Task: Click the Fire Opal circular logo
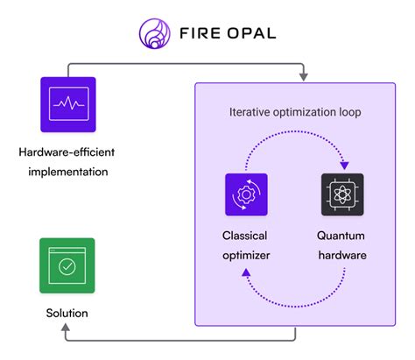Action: (155, 32)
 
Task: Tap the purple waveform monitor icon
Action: (67, 104)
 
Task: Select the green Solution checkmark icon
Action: (67, 265)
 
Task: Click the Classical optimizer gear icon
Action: (244, 194)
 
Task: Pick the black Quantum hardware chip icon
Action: (342, 194)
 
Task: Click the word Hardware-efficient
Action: (67, 154)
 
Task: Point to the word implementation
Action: (67, 172)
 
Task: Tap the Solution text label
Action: (67, 313)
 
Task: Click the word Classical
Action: (244, 236)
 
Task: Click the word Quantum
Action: (342, 236)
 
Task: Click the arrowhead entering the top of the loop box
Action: (304, 77)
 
